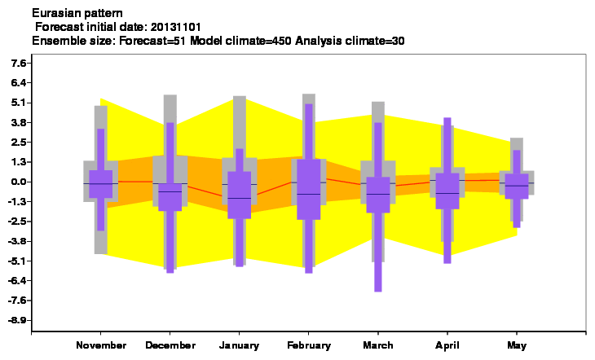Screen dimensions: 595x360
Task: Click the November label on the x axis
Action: point(101,345)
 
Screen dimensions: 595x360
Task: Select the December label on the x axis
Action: point(170,345)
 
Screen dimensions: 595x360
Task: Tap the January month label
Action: point(239,345)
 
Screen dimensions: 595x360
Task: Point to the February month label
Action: point(309,345)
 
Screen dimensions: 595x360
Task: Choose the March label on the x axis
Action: point(378,345)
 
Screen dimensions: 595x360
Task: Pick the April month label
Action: point(447,345)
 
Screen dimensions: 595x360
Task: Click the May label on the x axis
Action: point(517,345)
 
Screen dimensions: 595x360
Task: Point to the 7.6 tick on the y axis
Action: point(19,63)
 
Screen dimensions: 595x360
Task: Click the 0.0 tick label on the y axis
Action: point(19,182)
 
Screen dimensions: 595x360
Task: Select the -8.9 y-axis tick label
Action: point(17,320)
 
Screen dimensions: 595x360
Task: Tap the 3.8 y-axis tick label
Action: point(19,122)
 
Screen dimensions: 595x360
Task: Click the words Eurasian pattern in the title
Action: point(77,13)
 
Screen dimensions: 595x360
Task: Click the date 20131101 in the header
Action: point(175,27)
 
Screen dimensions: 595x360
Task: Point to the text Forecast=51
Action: point(152,41)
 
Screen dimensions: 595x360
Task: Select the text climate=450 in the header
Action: point(258,41)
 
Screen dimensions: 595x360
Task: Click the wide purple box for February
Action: point(309,189)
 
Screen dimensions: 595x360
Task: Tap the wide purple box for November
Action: point(100,184)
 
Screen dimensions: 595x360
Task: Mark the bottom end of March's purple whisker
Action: point(378,292)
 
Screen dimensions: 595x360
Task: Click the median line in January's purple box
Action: point(239,198)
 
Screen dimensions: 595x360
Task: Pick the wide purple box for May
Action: point(517,187)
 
